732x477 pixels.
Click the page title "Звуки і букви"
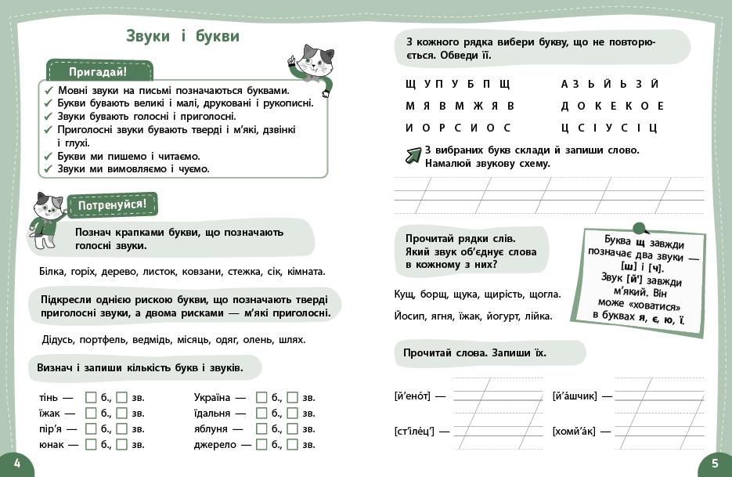click(x=182, y=37)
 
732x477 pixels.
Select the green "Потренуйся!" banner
click(x=112, y=205)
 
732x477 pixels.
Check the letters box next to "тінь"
click(x=91, y=397)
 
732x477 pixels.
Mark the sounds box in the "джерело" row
click(x=292, y=444)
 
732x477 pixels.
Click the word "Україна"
click(x=212, y=397)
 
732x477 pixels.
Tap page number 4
click(x=17, y=464)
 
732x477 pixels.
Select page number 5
click(x=714, y=464)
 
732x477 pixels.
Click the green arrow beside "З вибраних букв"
click(x=413, y=155)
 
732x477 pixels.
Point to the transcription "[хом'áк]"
click(x=574, y=431)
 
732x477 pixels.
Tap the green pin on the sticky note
click(x=639, y=228)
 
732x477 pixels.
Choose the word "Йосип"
click(x=409, y=316)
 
